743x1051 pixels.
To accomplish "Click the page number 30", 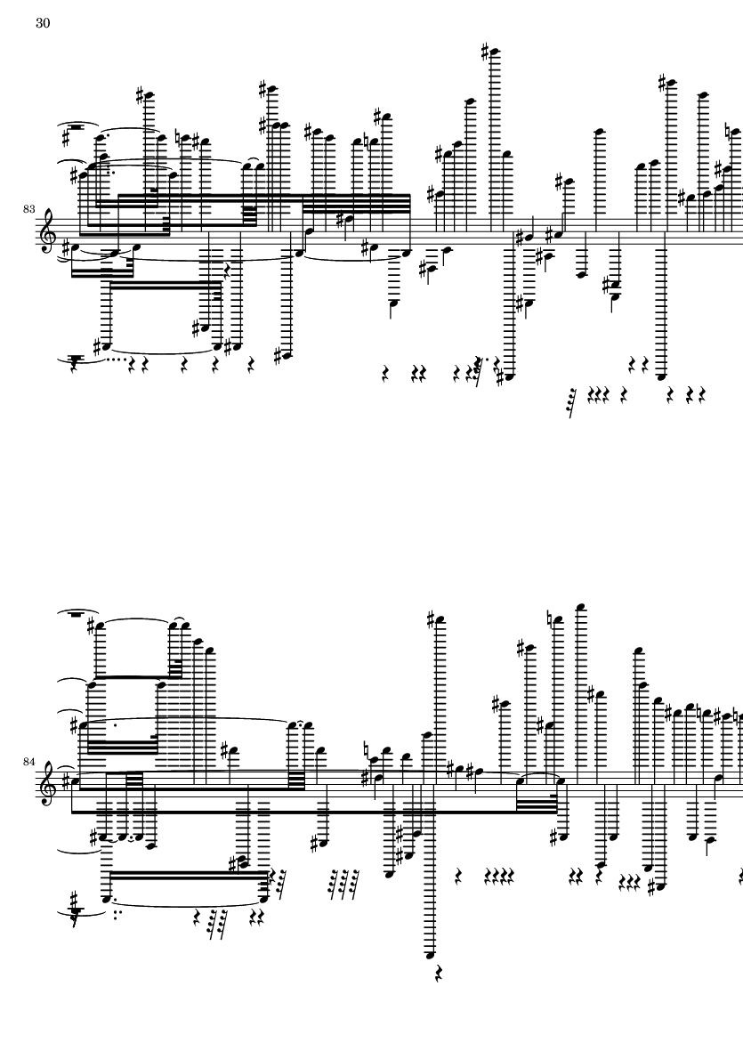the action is [x=43, y=23].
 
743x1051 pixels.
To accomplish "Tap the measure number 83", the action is [x=28, y=210].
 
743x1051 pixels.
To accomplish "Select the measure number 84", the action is [x=28, y=762].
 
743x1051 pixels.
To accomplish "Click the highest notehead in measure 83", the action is [x=496, y=53].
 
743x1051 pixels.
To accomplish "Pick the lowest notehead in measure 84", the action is [x=432, y=955].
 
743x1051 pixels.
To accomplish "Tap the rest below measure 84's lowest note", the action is [x=439, y=974].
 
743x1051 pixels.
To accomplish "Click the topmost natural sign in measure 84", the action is [x=549, y=620].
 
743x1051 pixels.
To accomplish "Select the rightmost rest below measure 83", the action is [x=701, y=395].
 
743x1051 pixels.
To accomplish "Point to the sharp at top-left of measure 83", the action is [x=66, y=137].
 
